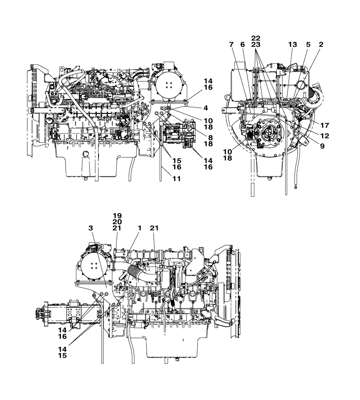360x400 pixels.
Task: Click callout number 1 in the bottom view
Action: (139, 228)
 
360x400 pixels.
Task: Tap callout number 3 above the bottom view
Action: (91, 228)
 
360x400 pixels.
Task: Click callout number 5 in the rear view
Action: (308, 44)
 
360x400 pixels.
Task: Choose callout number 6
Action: (242, 44)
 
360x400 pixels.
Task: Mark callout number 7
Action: (231, 44)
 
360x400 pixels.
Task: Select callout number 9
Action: (322, 146)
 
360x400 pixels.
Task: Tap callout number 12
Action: (324, 136)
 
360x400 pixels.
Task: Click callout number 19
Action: (117, 215)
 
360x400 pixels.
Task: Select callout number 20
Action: (117, 221)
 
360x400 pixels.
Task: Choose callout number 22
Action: (256, 38)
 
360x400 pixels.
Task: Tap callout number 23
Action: (256, 44)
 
